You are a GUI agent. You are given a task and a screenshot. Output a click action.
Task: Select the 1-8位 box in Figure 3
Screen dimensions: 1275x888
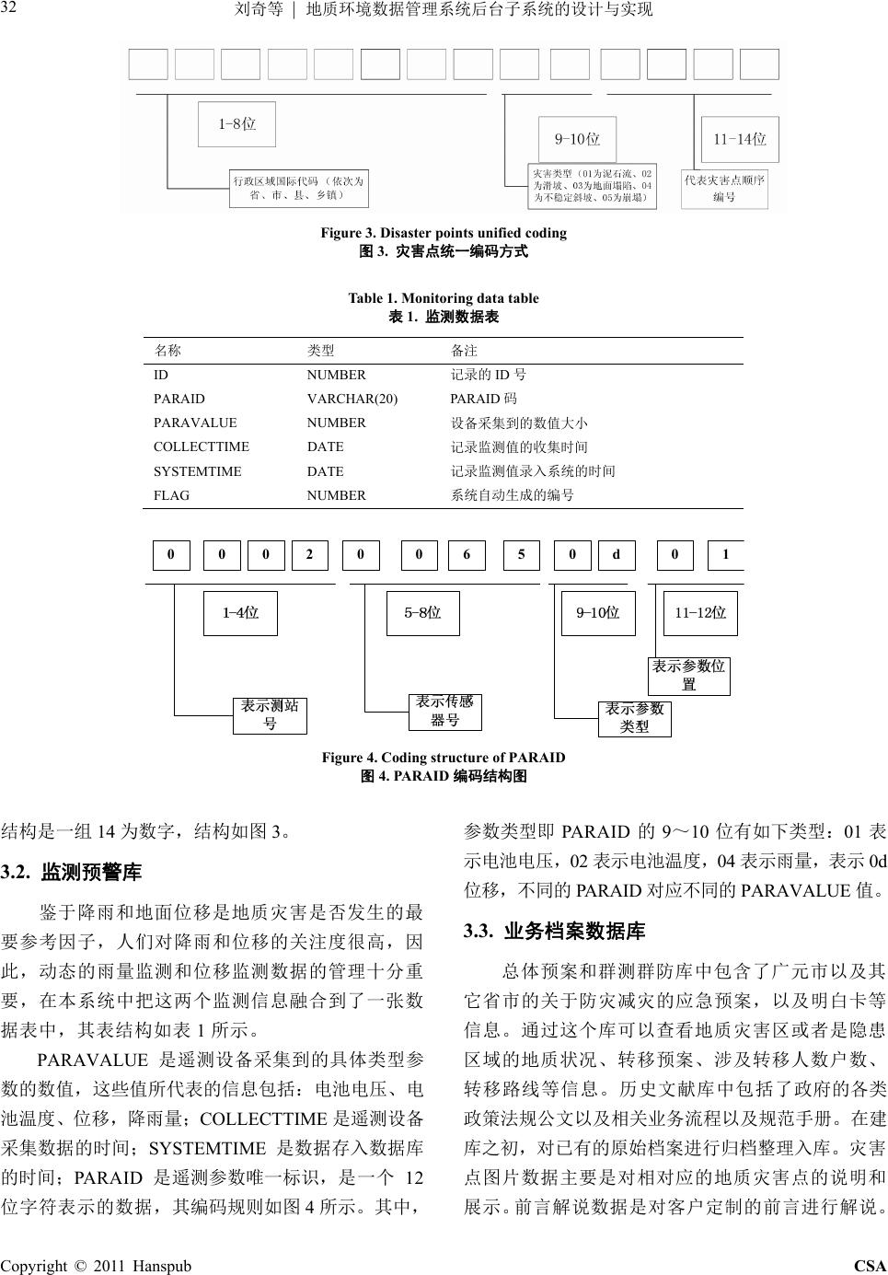236,123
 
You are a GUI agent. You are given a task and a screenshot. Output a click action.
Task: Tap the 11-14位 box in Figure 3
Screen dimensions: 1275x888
739,139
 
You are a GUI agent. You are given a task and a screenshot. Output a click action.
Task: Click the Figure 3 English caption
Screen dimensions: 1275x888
443,233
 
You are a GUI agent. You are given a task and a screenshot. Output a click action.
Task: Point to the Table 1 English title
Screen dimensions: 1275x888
443,298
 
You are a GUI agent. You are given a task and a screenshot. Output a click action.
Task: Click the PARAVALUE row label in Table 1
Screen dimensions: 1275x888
195,423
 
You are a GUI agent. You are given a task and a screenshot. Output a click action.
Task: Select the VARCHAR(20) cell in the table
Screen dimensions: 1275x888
352,399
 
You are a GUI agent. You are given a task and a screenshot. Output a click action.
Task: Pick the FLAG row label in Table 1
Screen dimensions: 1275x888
171,495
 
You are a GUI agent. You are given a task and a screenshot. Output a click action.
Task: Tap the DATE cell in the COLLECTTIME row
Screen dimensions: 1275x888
325,446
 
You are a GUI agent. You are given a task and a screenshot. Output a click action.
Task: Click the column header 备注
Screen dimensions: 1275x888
464,351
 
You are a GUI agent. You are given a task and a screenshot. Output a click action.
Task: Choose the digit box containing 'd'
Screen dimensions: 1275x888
617,555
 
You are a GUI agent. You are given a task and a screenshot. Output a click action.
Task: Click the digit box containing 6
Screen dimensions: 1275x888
467,555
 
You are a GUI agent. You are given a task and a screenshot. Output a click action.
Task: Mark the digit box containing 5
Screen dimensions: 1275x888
522,555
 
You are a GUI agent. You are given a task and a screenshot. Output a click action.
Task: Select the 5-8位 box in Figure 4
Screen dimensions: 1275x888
422,613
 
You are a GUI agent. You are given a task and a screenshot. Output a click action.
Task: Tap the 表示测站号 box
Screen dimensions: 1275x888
270,715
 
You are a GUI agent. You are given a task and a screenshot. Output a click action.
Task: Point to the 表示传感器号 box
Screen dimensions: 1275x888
444,712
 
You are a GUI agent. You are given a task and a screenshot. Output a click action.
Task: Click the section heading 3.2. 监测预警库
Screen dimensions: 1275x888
72,872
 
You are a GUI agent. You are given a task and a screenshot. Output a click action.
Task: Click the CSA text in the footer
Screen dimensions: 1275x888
870,1266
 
